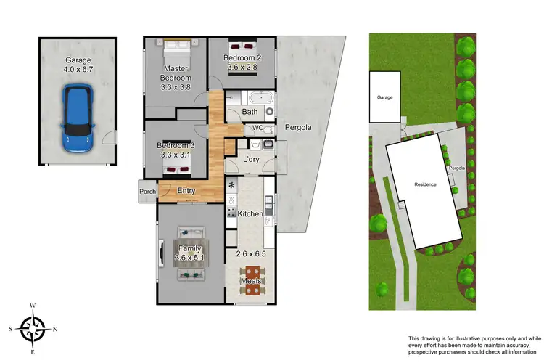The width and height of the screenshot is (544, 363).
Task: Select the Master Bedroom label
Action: [x=176, y=73]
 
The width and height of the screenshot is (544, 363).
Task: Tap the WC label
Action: [x=257, y=128]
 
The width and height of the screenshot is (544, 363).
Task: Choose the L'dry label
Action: [x=252, y=159]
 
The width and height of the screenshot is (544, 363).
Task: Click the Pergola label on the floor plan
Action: [x=297, y=127]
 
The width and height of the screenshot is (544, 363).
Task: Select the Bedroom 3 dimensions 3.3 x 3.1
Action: [x=176, y=154]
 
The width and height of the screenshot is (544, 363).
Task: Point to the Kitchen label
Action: [x=249, y=214]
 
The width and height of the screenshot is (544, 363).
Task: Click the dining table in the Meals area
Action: [x=251, y=280]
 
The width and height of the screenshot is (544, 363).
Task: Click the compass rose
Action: [x=33, y=329]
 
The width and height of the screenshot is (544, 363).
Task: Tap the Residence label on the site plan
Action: [x=425, y=184]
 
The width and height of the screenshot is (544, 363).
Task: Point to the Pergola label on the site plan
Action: [x=456, y=168]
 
